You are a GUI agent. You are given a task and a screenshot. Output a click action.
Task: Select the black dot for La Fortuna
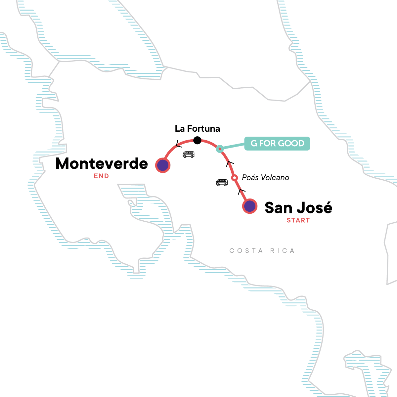pos(197,140)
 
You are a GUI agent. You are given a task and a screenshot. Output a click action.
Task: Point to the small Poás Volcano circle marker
pos(234,178)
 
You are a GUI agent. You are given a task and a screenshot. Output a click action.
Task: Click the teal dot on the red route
pos(220,149)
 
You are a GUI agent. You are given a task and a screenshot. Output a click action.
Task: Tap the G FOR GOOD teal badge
pos(277,144)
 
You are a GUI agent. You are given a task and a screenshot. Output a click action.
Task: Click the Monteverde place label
pos(102,163)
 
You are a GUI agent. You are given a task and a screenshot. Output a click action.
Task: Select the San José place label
pos(298,208)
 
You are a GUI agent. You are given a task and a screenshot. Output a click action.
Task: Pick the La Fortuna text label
pos(198,128)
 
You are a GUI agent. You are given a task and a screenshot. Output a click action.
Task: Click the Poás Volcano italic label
pos(265,178)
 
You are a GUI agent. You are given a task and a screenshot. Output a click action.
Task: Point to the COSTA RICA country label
pos(262,251)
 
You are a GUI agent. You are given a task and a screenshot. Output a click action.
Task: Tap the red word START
pos(298,220)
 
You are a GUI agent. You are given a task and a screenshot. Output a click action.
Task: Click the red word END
pos(101,176)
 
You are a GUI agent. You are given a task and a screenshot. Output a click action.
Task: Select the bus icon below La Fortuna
pos(189,154)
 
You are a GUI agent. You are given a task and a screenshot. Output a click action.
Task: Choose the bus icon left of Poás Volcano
pos(222,182)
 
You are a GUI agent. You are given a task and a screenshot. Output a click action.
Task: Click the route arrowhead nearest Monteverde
pos(178,144)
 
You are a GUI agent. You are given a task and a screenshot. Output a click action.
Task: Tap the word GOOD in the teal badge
pos(291,144)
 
